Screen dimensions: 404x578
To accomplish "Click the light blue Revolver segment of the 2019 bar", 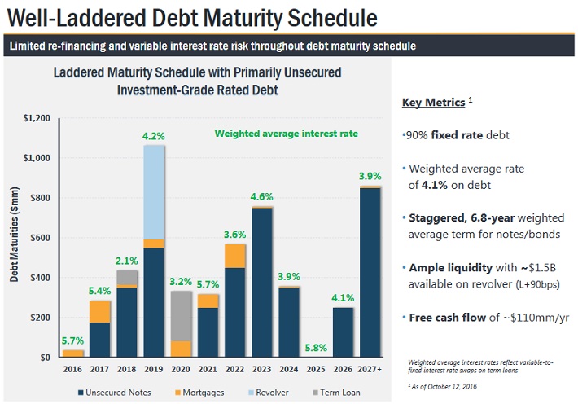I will pos(154,191).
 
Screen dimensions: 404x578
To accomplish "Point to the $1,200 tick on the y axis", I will pos(36,119).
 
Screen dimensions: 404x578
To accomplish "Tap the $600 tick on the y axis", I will pos(39,238).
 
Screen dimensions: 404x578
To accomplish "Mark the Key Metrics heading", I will pos(434,103).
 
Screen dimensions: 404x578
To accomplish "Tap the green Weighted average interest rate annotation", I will pos(285,134).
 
